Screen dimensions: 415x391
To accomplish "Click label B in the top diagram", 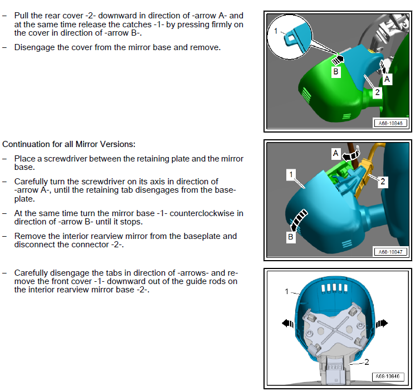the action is pos(335,72).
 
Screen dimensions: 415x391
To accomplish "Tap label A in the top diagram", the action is pos(387,79).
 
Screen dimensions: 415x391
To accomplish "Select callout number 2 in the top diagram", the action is pos(378,92).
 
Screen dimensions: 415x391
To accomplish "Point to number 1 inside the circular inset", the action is pos(276,31).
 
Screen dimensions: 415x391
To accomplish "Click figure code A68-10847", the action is pos(390,252).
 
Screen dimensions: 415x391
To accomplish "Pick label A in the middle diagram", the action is pos(335,153).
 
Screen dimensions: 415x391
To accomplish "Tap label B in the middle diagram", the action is pos(290,236).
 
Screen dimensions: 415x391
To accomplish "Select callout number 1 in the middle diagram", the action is pos(291,174).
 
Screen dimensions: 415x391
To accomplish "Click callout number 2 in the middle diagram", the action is pos(383,182).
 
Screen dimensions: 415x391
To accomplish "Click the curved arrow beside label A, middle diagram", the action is pos(351,155).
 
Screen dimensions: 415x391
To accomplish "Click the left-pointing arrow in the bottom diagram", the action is pos(288,323).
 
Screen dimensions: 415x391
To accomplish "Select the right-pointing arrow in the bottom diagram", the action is pos(382,323).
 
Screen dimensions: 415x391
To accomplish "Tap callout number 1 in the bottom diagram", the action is pos(287,291).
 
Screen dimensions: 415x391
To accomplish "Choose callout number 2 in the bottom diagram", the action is pos(367,362).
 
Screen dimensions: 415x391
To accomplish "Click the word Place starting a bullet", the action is pos(25,159).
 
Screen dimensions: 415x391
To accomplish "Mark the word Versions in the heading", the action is pos(118,144).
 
